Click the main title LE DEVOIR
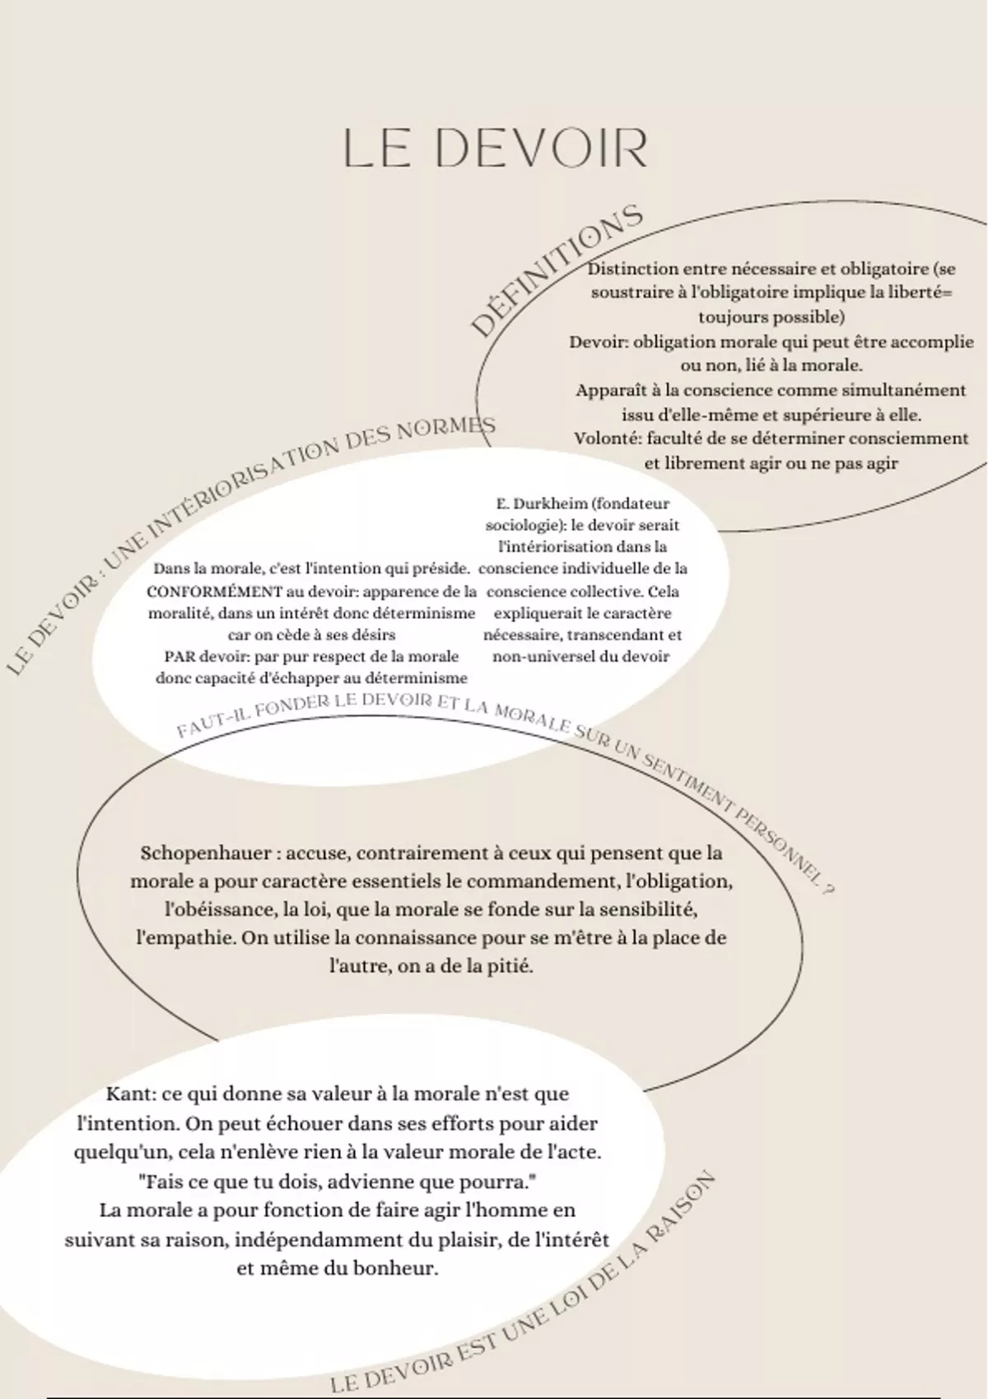tap(495, 148)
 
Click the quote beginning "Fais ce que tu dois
tap(338, 1182)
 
